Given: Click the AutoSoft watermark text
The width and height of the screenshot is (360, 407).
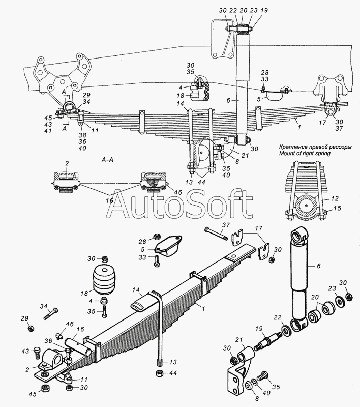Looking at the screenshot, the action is point(179,204).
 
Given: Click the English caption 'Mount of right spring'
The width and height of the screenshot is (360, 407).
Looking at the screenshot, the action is point(305,153).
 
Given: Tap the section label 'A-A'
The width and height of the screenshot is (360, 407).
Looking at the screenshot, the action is point(107,160).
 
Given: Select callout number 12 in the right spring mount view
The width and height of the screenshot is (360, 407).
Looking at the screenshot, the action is point(335,198).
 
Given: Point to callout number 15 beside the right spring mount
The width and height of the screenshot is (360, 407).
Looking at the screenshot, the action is point(338,208).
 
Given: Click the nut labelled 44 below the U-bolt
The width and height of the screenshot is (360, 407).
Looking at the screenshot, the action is point(159,373).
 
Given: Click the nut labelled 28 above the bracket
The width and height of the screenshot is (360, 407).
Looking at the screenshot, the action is point(157,236).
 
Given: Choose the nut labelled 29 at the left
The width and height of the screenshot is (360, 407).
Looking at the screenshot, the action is point(30,328).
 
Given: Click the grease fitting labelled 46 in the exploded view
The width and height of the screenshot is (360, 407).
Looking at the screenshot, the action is point(59,336).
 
